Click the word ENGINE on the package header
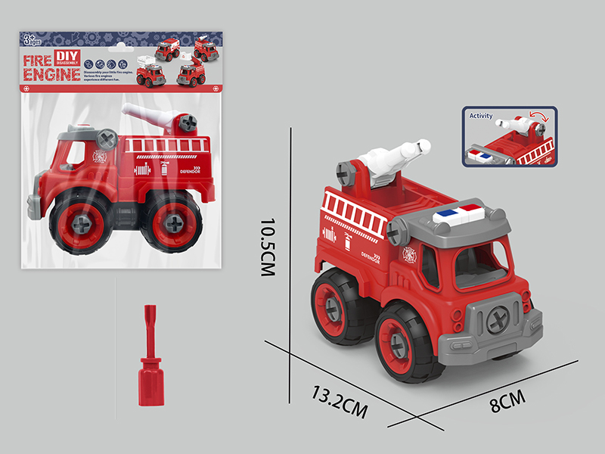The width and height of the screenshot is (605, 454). (x=51, y=73)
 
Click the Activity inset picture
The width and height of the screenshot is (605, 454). (x=507, y=135)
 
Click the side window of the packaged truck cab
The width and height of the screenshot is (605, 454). (x=76, y=154)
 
